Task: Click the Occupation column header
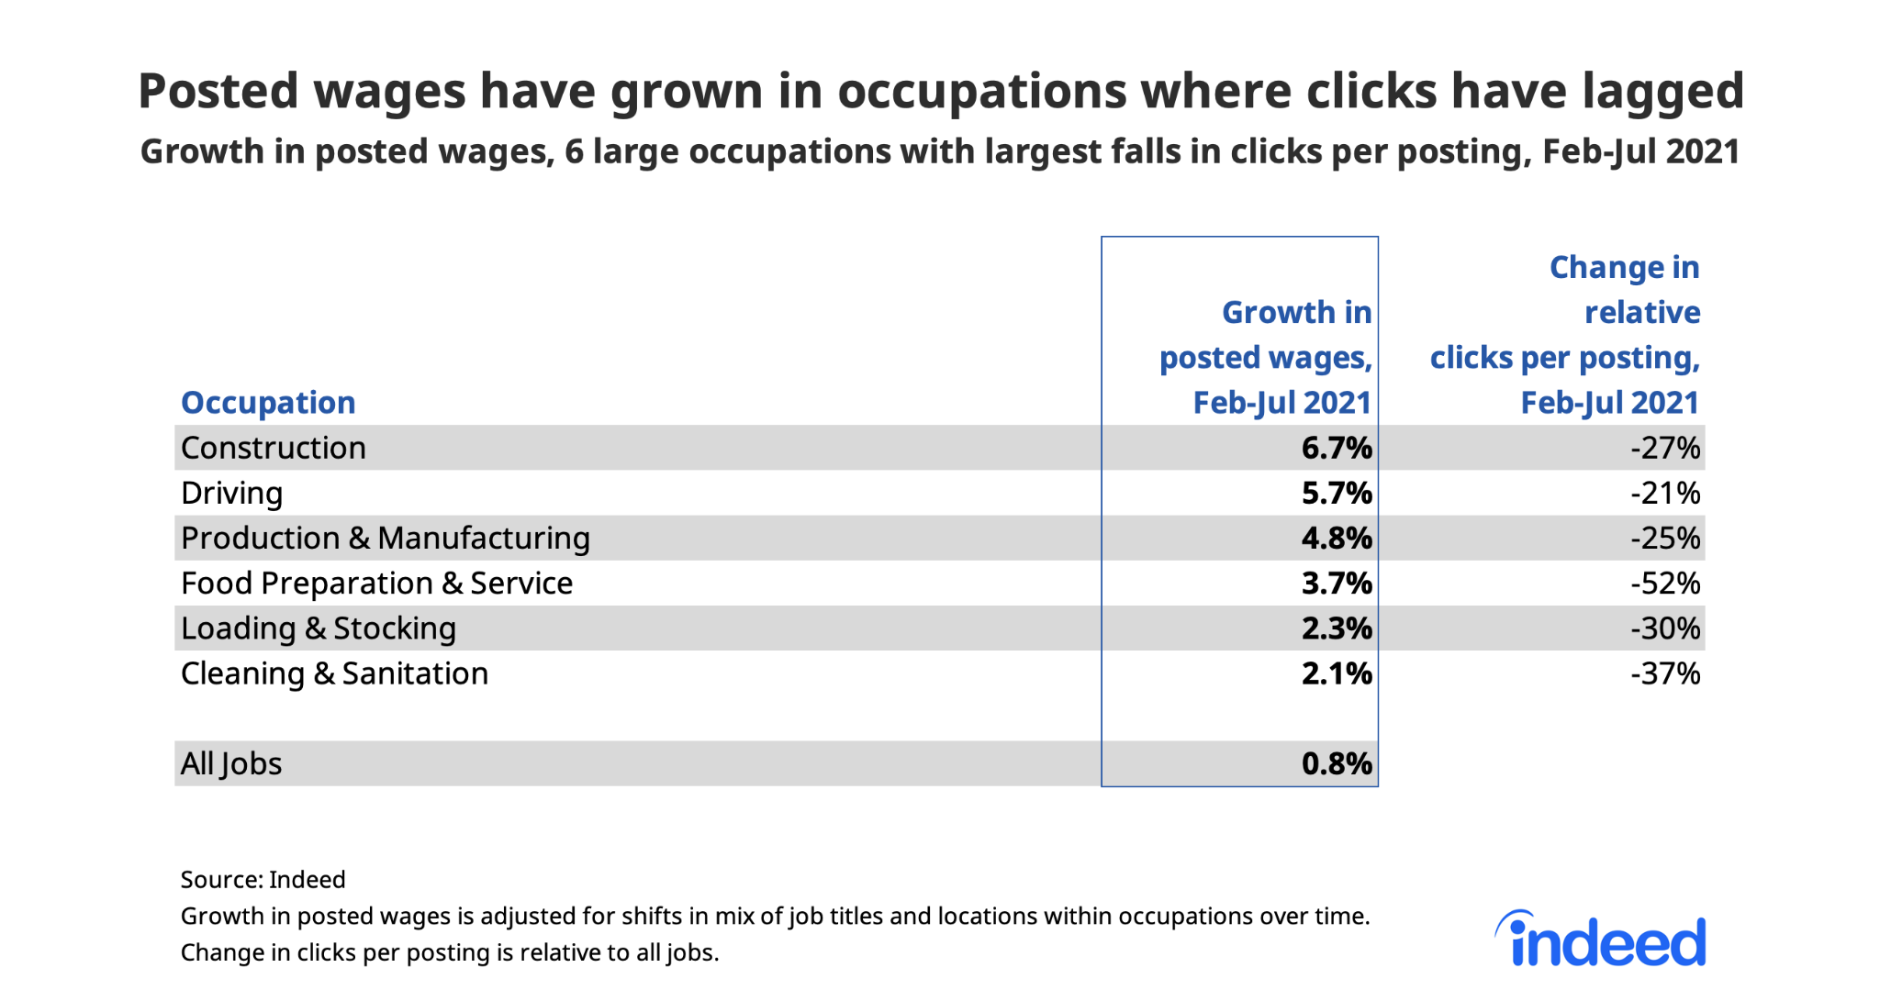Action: (x=268, y=403)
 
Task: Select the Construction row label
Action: (x=274, y=448)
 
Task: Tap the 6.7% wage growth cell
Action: (x=1336, y=448)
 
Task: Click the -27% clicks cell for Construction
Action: (x=1665, y=448)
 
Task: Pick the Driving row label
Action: (x=231, y=494)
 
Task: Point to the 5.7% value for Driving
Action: (x=1336, y=494)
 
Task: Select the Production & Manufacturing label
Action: (x=386, y=539)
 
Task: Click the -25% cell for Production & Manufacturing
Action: (x=1665, y=539)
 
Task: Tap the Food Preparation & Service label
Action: (x=376, y=584)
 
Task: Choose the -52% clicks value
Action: (x=1665, y=584)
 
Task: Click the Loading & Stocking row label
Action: (x=319, y=628)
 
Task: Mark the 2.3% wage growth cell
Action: (x=1336, y=628)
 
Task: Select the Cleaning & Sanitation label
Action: (x=334, y=673)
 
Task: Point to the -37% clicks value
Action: (x=1665, y=673)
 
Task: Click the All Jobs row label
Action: (x=231, y=763)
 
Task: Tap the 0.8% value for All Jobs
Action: (x=1336, y=763)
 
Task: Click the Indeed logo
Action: (x=1602, y=940)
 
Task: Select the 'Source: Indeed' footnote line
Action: (x=263, y=880)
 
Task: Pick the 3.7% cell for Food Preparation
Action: (x=1336, y=584)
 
